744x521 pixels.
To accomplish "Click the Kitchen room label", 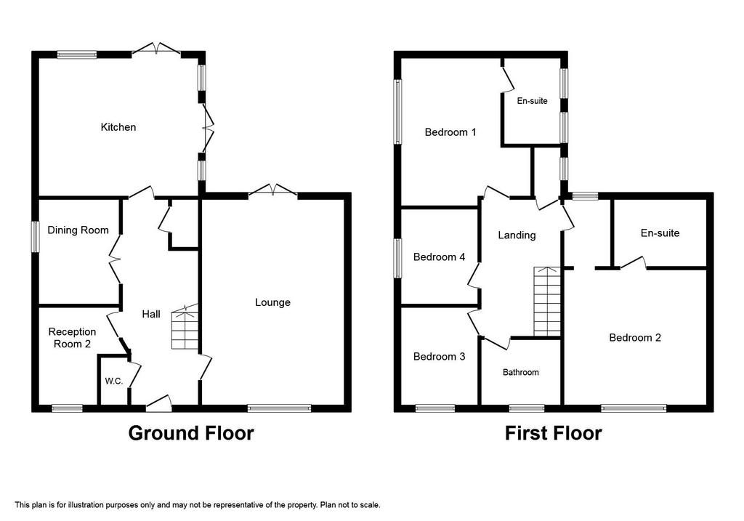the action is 118,127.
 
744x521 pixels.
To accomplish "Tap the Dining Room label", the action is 78,230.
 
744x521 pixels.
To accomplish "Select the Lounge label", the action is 272,303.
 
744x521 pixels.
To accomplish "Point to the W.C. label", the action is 114,381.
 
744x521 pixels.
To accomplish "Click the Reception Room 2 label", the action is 72,338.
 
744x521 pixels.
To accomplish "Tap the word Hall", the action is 151,314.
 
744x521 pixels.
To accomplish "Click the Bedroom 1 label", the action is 450,132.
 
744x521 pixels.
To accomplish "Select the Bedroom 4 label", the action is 439,257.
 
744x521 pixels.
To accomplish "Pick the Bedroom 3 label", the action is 439,357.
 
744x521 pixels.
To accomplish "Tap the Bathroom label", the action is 520,373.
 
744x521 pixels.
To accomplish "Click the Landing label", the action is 517,235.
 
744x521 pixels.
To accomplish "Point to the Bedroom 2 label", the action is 635,338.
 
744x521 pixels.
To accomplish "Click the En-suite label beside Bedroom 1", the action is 532,101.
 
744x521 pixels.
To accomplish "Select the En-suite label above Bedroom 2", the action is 660,233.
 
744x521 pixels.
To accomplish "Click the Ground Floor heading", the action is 191,433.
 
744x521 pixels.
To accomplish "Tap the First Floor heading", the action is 553,433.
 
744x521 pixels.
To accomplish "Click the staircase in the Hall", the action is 185,328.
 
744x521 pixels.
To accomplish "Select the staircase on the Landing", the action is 547,302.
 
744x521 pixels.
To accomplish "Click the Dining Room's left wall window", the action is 35,237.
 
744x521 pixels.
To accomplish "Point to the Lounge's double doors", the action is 273,191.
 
